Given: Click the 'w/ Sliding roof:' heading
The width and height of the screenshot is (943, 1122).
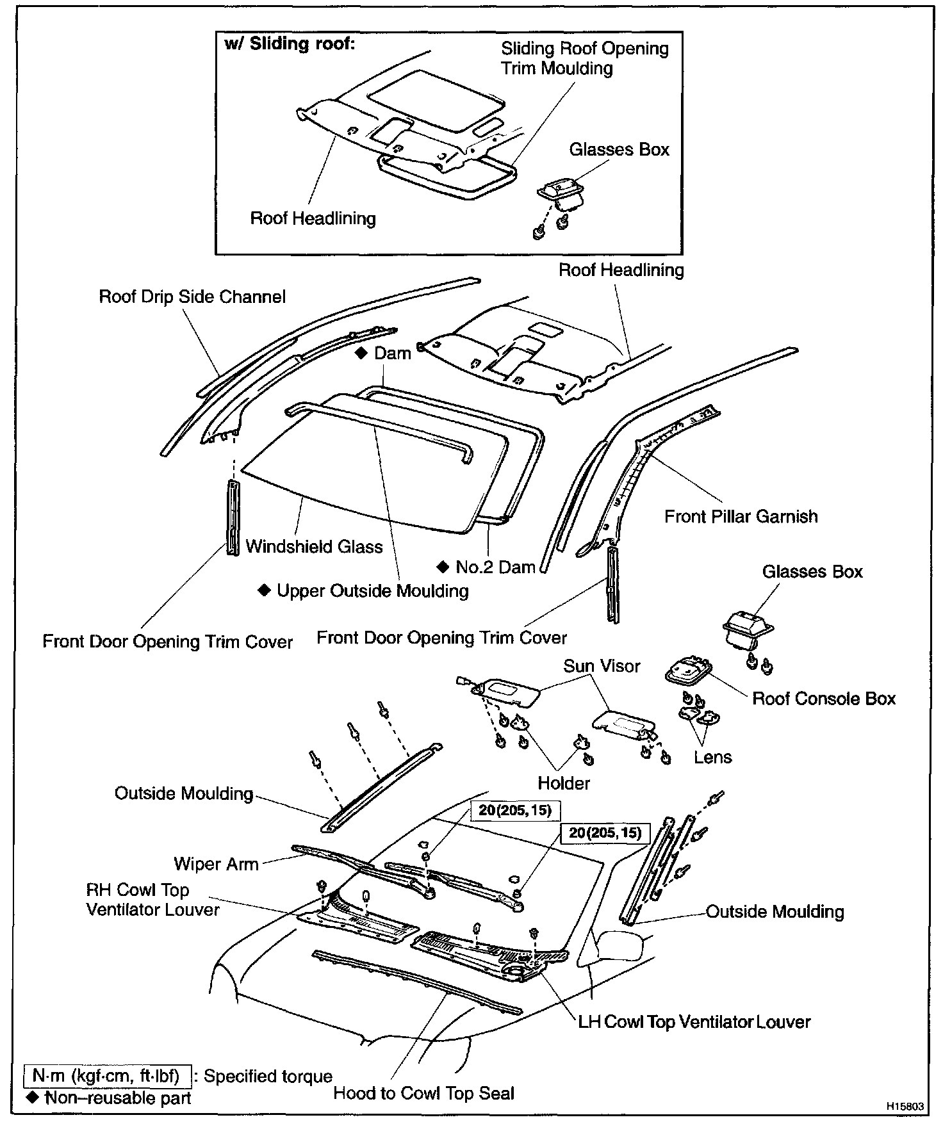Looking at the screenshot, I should click(290, 44).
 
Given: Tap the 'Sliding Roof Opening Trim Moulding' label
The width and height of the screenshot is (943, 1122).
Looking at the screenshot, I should click(584, 58).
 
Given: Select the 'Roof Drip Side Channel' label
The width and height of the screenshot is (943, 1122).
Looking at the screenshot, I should click(192, 297).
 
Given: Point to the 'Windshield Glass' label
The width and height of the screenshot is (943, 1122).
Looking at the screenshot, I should click(314, 547).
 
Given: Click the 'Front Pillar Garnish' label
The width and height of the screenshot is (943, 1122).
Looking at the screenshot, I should click(741, 517).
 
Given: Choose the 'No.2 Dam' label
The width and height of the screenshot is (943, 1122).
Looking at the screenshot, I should click(495, 567).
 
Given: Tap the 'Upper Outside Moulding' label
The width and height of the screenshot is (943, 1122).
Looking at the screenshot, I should click(372, 590).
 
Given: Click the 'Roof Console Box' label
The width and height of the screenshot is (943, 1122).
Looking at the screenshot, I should click(823, 699).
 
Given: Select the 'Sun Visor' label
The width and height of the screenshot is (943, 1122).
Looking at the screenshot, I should click(602, 666).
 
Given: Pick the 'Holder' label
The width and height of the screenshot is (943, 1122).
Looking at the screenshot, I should click(564, 783).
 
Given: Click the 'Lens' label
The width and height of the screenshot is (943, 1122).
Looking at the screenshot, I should click(712, 758).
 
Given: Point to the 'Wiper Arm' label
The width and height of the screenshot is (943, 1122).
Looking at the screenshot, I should click(216, 864).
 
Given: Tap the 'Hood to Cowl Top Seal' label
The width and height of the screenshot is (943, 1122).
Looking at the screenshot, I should click(423, 1093).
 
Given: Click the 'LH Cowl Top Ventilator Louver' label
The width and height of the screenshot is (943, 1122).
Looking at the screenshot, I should click(694, 1022).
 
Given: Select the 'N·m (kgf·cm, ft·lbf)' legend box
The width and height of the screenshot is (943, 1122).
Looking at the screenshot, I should click(107, 1077).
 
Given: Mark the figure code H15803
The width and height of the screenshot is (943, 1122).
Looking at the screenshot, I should click(905, 1107).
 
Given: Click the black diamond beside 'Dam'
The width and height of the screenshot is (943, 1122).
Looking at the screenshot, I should click(362, 353).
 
